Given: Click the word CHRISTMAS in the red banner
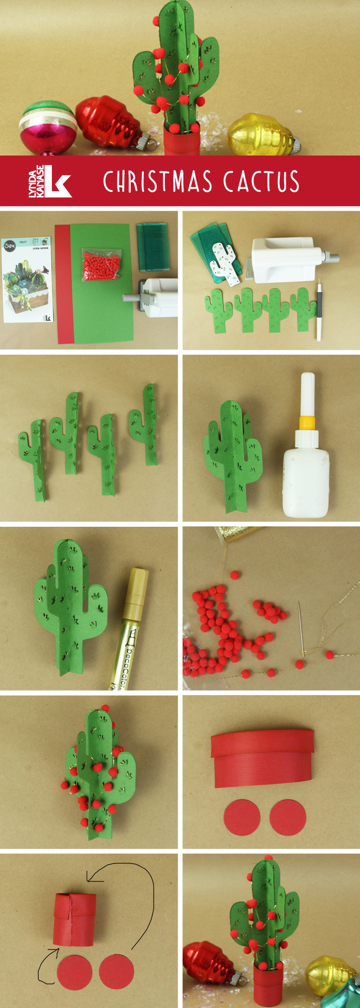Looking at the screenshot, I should point(157,181).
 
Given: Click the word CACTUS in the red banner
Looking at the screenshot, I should point(261,181).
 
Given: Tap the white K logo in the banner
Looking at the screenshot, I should point(58,181).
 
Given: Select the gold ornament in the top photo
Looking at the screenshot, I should point(262,134).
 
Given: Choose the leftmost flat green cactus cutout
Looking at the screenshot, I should point(217,311).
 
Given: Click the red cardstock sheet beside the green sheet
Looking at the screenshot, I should point(63,284).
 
